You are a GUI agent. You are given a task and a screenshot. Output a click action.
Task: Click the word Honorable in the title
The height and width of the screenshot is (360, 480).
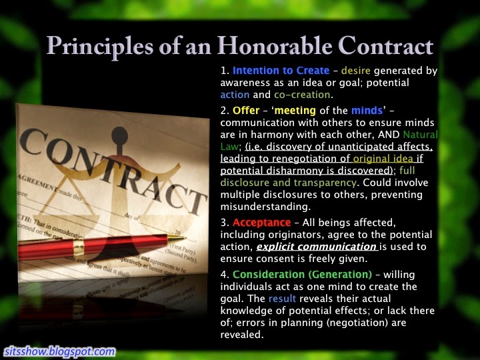274,46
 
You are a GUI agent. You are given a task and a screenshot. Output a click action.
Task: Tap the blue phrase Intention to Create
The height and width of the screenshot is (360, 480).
281,71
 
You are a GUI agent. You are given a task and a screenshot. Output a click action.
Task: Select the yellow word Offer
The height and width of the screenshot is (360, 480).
246,110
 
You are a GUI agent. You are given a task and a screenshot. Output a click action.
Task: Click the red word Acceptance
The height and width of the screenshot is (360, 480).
262,223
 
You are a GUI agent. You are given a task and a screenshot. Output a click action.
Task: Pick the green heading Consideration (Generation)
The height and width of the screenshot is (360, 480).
302,275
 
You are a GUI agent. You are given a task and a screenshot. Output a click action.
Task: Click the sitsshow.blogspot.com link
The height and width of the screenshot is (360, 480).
60,351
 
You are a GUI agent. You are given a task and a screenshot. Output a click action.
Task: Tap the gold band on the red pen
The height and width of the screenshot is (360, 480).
79,247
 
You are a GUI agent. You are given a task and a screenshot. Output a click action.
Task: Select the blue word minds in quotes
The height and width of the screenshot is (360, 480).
367,110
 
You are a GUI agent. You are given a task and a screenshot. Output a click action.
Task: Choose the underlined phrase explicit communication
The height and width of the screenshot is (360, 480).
317,247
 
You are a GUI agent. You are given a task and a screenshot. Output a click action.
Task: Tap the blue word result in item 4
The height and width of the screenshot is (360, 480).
282,299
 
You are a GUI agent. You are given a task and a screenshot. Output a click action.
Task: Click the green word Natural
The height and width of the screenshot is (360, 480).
420,135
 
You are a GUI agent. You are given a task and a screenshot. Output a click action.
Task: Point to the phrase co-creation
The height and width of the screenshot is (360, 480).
302,95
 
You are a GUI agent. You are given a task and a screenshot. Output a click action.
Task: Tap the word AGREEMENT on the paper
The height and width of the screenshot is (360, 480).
37,183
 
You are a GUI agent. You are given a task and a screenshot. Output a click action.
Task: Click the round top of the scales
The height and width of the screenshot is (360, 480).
120,135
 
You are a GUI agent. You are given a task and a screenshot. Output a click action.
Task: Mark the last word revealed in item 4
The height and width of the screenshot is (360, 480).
241,335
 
